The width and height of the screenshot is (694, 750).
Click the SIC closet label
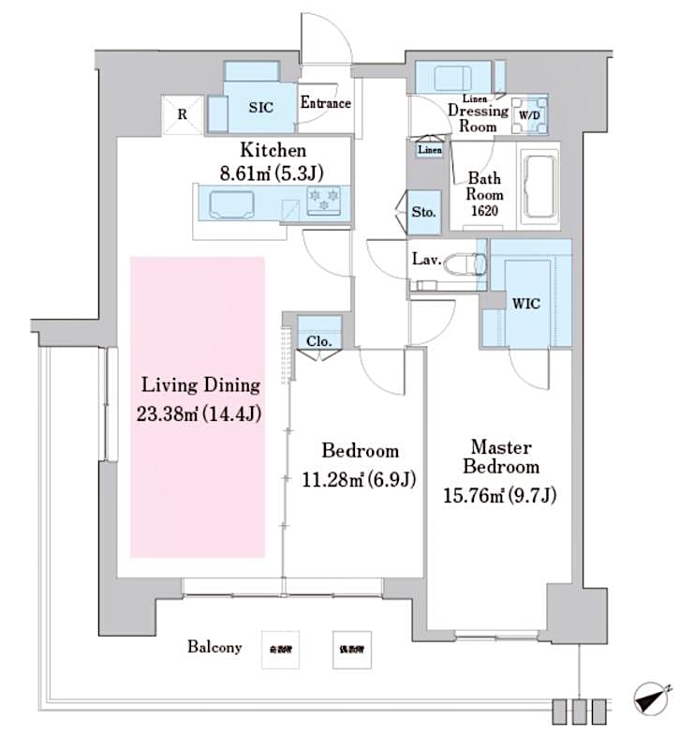[260, 108]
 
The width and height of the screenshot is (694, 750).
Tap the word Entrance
[325, 103]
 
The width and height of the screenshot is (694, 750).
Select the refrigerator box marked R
[182, 113]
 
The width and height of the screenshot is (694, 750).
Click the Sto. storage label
[423, 213]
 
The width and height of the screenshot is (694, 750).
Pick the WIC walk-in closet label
[524, 304]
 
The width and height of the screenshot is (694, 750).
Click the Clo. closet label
[319, 341]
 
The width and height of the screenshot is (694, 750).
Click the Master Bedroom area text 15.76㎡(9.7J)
[500, 496]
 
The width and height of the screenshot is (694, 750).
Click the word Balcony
[214, 647]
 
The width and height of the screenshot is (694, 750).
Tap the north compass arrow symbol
[649, 698]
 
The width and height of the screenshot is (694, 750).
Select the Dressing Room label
[478, 118]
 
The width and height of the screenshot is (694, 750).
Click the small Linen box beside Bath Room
[430, 149]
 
